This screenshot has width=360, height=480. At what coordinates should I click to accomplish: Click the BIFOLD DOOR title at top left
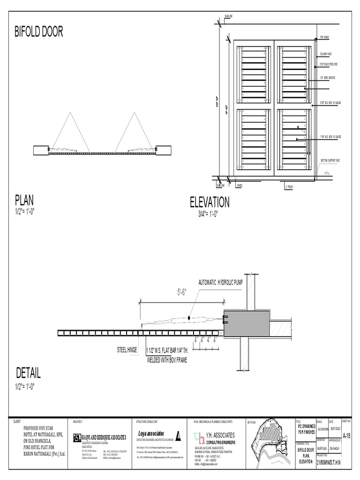[x=38, y=32]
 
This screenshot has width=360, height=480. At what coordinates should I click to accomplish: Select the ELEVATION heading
[x=210, y=202]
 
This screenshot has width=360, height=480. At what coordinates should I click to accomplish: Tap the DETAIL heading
[x=28, y=374]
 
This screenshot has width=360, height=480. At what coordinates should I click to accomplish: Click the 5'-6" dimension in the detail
[x=182, y=292]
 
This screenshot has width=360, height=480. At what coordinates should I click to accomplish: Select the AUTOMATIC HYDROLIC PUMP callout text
[x=220, y=283]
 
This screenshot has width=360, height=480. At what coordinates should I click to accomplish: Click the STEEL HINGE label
[x=128, y=350]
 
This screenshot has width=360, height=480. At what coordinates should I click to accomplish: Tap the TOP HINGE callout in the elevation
[x=325, y=37]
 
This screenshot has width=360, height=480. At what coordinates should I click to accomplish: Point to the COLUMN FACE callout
[x=326, y=54]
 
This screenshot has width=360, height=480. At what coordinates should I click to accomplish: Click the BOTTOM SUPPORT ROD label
[x=331, y=160]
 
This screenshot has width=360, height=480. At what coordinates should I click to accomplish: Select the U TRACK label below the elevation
[x=289, y=187]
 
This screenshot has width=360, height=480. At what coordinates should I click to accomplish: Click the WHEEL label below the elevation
[x=240, y=186]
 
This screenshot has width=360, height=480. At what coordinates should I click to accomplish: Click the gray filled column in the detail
[x=247, y=324]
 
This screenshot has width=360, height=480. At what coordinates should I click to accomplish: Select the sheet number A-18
[x=346, y=436]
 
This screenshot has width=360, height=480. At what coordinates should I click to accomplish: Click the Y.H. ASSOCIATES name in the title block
[x=221, y=435]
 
